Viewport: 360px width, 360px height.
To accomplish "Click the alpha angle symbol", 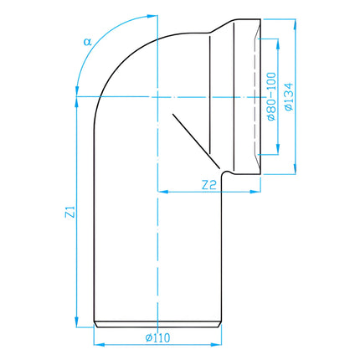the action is coord(88,42).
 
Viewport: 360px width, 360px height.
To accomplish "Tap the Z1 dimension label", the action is coord(70,212).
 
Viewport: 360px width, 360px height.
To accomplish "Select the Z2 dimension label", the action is coord(209,185).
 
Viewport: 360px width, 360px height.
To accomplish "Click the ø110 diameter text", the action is coord(157,338).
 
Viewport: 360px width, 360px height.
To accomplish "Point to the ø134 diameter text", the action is coord(289,96).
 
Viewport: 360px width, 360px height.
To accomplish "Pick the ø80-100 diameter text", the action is coord(271,96).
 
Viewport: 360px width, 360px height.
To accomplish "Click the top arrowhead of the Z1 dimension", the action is coord(77,102).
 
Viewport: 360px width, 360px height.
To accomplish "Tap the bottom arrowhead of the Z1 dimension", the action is coord(77,322).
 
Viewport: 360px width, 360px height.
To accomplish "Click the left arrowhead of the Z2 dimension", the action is coord(163,192).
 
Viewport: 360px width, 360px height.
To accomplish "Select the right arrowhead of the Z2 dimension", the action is coord(255,192).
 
